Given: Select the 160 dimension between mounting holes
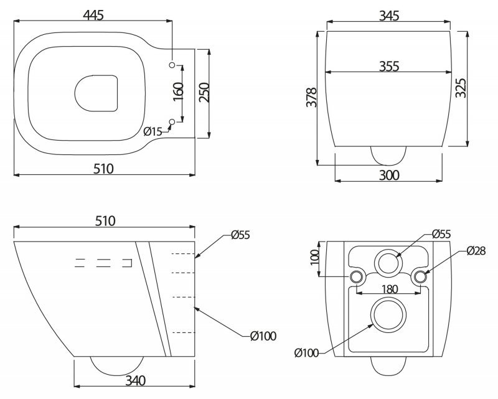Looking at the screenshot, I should (179, 92).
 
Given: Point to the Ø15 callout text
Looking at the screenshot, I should (153, 131).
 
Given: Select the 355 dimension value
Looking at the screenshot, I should (388, 66).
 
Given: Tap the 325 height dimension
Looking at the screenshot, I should (461, 88).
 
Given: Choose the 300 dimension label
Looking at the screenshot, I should (389, 176).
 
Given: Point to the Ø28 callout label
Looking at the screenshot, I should (476, 251).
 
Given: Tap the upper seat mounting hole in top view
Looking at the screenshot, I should (172, 64).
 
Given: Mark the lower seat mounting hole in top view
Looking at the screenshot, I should (172, 121).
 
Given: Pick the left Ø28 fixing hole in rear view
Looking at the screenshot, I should (357, 276).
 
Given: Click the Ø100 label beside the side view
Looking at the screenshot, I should (263, 336).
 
